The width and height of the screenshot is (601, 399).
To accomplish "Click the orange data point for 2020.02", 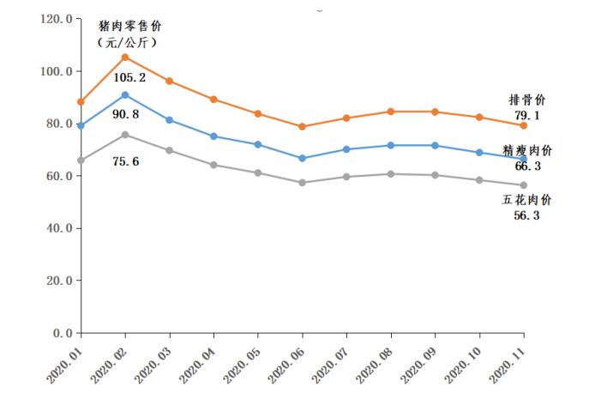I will [125, 57].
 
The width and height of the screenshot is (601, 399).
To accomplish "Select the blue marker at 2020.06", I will [302, 158].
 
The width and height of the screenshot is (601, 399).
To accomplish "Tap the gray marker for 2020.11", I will [523, 185].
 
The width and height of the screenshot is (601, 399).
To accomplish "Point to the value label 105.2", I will [129, 77].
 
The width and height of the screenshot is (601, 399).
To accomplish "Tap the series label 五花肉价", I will [527, 200].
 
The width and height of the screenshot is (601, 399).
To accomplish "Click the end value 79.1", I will [523, 114].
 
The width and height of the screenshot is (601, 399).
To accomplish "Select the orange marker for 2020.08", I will [390, 112].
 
